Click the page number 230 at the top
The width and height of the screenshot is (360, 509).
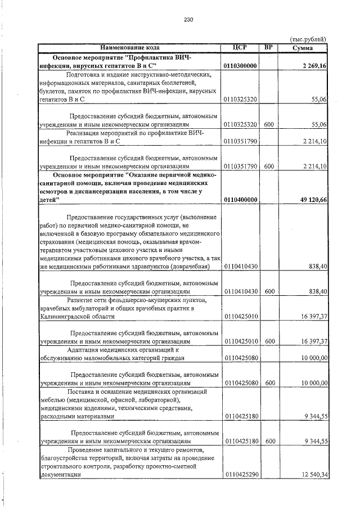(188, 20)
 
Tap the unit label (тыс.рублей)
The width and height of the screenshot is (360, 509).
(308, 39)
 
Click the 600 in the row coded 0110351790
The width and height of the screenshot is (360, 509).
(269, 166)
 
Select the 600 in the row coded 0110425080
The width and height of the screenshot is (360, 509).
(269, 383)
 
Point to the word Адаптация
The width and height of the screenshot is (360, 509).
(83, 350)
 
